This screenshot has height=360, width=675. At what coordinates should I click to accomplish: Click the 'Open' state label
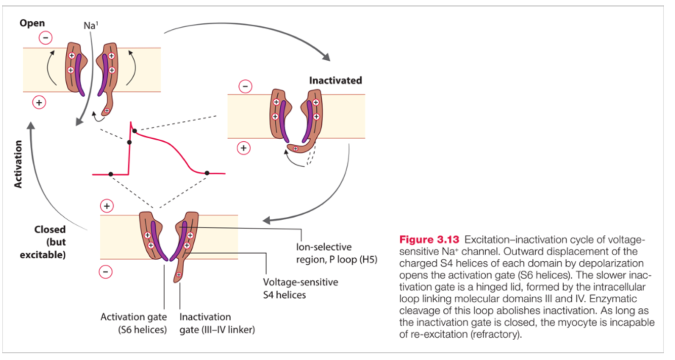[x=32, y=23]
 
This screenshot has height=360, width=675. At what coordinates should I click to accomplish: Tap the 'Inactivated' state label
[x=335, y=81]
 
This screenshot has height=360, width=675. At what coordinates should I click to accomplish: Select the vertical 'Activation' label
[x=18, y=164]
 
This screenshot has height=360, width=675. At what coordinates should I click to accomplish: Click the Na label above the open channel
[x=91, y=24]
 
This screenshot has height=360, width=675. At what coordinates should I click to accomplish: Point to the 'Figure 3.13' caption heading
[x=429, y=239]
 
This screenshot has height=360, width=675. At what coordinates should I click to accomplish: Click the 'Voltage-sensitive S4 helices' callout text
[x=301, y=288]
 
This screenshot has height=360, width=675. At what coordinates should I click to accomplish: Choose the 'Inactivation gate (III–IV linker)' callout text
[x=217, y=324]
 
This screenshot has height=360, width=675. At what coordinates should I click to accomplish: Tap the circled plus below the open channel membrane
[x=39, y=103]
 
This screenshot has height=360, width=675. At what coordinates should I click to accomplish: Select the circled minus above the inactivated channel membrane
[x=245, y=87]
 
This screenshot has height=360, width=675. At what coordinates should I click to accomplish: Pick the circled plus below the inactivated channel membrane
[x=244, y=148]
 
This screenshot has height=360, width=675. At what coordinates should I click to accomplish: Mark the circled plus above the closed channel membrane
[x=107, y=206]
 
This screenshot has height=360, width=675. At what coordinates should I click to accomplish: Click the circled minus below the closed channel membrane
[x=106, y=272]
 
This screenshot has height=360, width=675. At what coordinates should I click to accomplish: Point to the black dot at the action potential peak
[x=135, y=131]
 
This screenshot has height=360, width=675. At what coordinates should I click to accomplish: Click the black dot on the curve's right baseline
[x=206, y=173]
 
